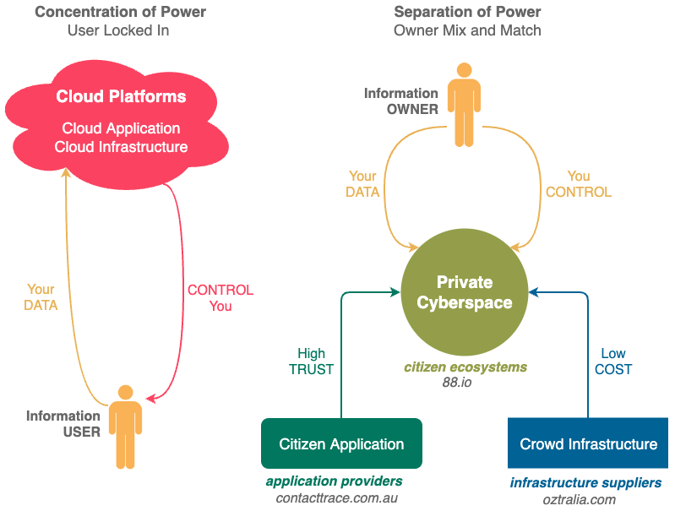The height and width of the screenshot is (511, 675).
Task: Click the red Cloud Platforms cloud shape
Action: point(117,125)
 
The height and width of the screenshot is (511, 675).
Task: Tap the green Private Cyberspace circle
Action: point(465,292)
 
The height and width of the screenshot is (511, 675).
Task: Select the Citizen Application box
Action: point(341,443)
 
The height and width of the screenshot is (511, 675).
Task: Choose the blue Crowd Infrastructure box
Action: point(588,443)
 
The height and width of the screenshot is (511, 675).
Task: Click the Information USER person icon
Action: point(125,427)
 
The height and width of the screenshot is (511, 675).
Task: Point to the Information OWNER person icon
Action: point(464,105)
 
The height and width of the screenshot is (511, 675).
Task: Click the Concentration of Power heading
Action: point(120,12)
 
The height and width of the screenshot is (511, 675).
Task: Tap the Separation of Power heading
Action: point(467,12)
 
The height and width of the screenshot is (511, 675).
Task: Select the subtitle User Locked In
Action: point(118,30)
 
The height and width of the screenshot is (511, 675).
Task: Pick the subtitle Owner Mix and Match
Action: point(467,30)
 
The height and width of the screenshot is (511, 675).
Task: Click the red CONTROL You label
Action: point(220,298)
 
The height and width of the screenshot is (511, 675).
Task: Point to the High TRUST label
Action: point(311,362)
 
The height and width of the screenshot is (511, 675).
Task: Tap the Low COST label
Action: point(613,362)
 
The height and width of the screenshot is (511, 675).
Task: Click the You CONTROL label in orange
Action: point(579,184)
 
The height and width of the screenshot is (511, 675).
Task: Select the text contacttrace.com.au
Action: point(336,498)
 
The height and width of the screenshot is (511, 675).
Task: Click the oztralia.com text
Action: point(579,500)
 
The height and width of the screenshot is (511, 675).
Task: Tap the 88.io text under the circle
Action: point(457,383)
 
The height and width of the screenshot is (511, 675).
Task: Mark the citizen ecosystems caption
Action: point(465,367)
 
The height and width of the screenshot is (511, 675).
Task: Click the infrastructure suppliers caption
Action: point(586,483)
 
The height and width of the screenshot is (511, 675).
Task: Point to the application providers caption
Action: point(334,481)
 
